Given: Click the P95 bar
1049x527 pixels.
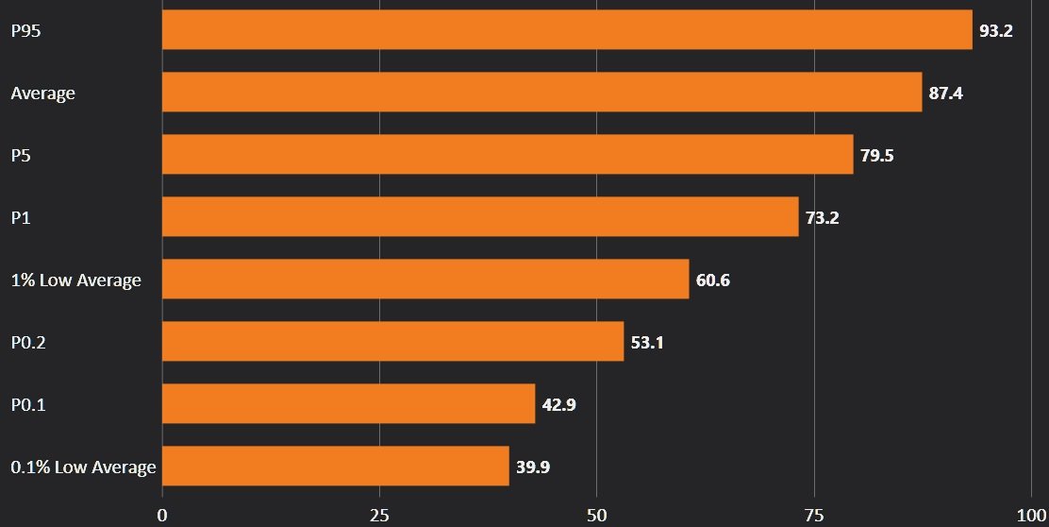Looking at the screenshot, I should pyautogui.click(x=566, y=30).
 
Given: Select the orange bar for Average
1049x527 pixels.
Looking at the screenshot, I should pyautogui.click(x=541, y=93).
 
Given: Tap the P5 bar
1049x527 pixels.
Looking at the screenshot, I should pyautogui.click(x=508, y=155).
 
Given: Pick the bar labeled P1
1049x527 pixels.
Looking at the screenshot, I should pyautogui.click(x=480, y=217).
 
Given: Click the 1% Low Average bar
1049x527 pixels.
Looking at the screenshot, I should pyautogui.click(x=425, y=280).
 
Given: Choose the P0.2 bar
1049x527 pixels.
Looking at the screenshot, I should pyautogui.click(x=392, y=342).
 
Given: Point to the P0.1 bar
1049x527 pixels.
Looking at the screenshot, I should pyautogui.click(x=348, y=404).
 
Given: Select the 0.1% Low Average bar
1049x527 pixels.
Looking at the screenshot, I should pyautogui.click(x=335, y=467).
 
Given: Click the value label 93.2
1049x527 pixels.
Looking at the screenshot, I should pyautogui.click(x=996, y=31).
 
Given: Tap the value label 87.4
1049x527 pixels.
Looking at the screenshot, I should pyautogui.click(x=945, y=93).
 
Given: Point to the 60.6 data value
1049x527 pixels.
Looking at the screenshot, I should pyautogui.click(x=713, y=280).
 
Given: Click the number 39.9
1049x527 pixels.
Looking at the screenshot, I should pyautogui.click(x=533, y=467).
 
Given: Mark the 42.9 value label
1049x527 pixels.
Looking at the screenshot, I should pyautogui.click(x=559, y=405).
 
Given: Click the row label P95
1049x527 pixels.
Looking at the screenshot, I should pyautogui.click(x=25, y=31).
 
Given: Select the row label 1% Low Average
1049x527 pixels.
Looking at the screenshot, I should pyautogui.click(x=75, y=280).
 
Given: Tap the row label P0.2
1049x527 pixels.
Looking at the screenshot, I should pyautogui.click(x=28, y=343).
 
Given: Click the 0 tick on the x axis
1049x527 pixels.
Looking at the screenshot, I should pyautogui.click(x=162, y=517).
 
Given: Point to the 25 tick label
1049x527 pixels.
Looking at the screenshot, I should pyautogui.click(x=379, y=517).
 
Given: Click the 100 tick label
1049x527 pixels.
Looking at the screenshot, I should pyautogui.click(x=1028, y=517).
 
